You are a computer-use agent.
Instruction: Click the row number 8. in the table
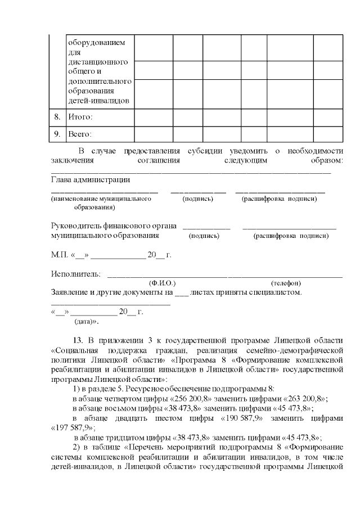tap(56, 117)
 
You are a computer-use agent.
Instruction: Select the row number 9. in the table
tap(56, 134)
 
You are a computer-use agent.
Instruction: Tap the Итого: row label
tap(80, 117)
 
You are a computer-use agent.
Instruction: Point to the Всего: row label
tap(80, 134)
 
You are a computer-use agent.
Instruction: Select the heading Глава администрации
tap(91, 180)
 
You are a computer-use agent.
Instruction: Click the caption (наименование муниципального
tap(101, 199)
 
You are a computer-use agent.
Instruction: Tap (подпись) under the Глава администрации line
tap(198, 199)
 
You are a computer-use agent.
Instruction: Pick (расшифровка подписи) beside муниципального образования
tap(291, 236)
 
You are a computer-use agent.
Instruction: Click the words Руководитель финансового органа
tap(114, 226)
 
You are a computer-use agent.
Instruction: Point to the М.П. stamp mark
tap(59, 255)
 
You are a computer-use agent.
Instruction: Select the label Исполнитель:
tap(76, 274)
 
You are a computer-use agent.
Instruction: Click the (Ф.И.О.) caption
tap(162, 283)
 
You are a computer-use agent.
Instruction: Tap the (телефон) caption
tap(286, 283)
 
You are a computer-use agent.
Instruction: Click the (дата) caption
tap(87, 322)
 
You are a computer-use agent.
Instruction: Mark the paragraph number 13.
tap(79, 340)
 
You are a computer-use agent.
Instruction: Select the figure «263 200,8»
tap(305, 398)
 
